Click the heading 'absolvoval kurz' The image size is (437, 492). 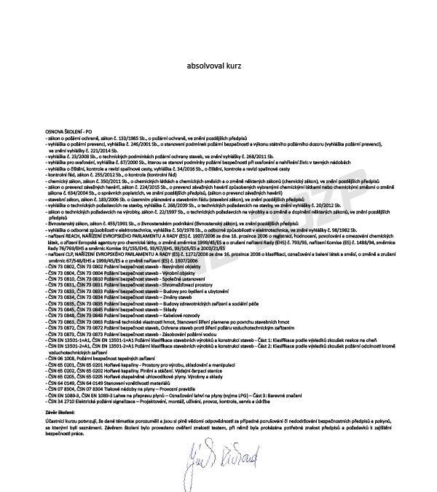(213, 68)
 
